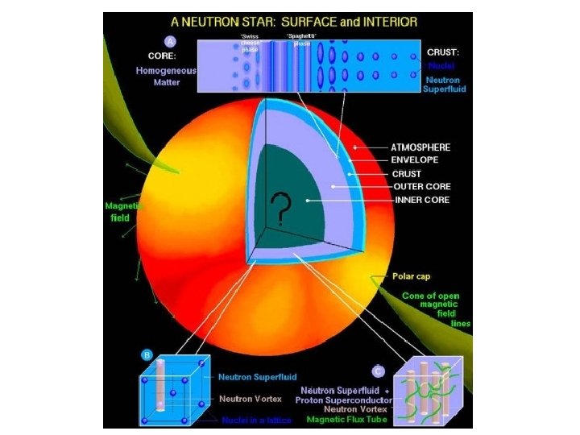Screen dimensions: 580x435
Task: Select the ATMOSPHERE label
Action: pyautogui.click(x=420, y=147)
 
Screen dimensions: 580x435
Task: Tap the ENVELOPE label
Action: pyautogui.click(x=415, y=160)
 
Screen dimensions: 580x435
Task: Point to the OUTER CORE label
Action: pyautogui.click(x=420, y=186)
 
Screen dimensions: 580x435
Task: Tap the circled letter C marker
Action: pyautogui.click(x=379, y=371)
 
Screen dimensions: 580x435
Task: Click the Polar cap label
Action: pyautogui.click(x=411, y=276)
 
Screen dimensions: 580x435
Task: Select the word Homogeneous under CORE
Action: pyautogui.click(x=166, y=71)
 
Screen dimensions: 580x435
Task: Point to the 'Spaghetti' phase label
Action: pyautogui.click(x=301, y=39)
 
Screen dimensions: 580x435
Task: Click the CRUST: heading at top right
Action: pyautogui.click(x=442, y=52)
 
